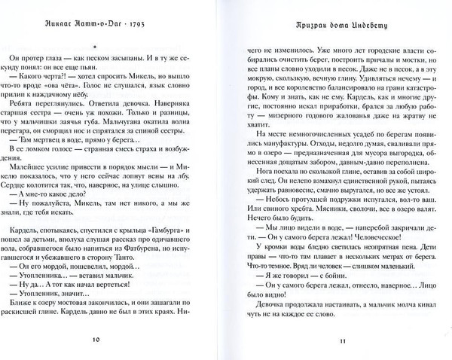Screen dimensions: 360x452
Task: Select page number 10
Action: tap(117, 338)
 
